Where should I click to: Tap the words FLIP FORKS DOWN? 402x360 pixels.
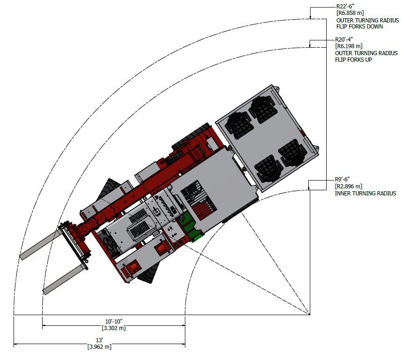[359, 27]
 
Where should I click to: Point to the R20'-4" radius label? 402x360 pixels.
[345, 40]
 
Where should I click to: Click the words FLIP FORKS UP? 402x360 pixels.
[354, 60]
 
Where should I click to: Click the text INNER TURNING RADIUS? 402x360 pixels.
[365, 194]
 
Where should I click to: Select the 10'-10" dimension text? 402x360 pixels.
[113, 321]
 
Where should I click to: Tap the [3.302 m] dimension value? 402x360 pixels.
[113, 328]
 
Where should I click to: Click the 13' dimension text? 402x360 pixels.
[99, 340]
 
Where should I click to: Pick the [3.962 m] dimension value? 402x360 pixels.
[99, 347]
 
